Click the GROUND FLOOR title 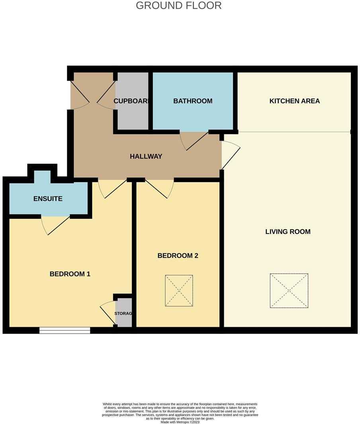coord(179,6)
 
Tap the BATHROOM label coord(193,101)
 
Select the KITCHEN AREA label coord(294,101)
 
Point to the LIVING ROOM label coord(288,232)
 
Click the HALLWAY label coord(146,157)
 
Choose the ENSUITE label coord(48,198)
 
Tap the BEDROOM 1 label coord(70,274)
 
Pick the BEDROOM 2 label coord(178,256)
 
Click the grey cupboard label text coord(132,101)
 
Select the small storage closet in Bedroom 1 coord(123,314)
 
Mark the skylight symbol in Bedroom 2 coord(179,291)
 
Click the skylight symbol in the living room coord(289,291)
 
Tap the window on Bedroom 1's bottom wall coord(65,330)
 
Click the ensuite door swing coord(55,225)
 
